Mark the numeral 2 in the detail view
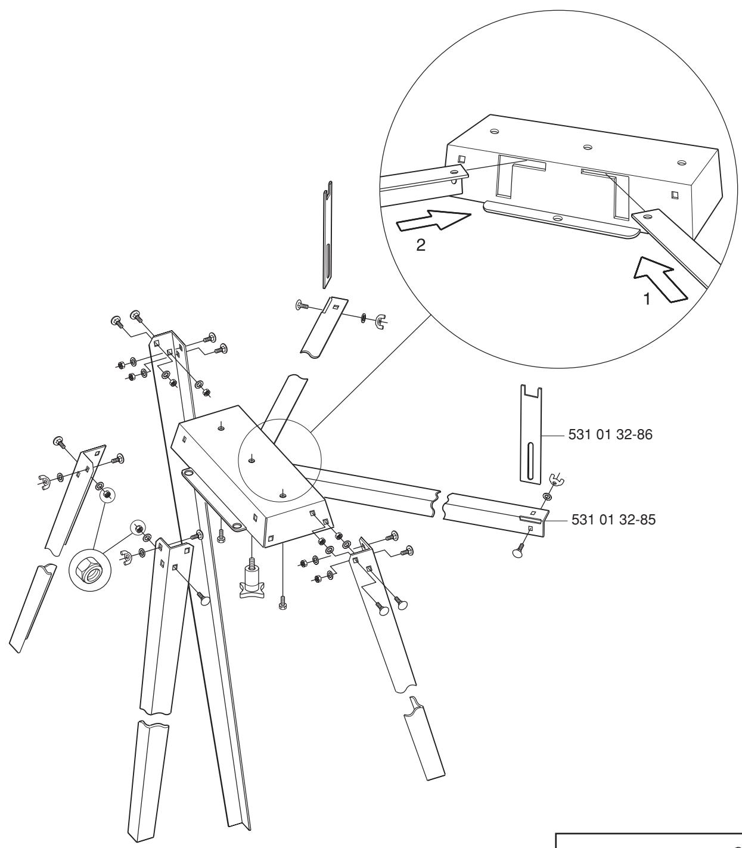click(x=421, y=247)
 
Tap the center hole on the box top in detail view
click(x=587, y=147)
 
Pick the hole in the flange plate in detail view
click(x=557, y=218)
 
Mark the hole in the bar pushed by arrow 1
click(x=647, y=218)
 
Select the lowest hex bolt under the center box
click(x=282, y=604)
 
